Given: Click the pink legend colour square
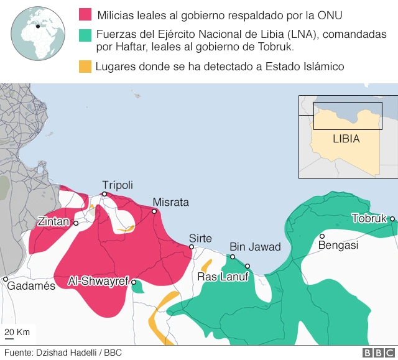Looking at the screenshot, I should [85, 14].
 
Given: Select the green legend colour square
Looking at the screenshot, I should [85, 36].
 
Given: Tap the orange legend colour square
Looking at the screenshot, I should [85, 66].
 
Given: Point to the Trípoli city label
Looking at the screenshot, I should [118, 185].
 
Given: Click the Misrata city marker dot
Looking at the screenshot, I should [154, 211].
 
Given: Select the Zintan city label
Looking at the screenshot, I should [54, 221].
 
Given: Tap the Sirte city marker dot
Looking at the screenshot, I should [192, 247].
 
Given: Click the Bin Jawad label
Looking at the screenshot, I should [256, 247].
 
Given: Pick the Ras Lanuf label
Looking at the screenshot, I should [223, 277].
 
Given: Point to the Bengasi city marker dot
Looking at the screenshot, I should [322, 236].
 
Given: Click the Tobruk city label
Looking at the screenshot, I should [369, 218].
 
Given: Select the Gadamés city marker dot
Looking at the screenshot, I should [5, 279].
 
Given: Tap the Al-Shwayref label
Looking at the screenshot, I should [98, 281].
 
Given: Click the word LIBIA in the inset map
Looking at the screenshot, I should [346, 139].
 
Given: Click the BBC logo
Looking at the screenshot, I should [376, 353].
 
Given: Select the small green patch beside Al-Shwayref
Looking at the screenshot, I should [139, 287].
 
